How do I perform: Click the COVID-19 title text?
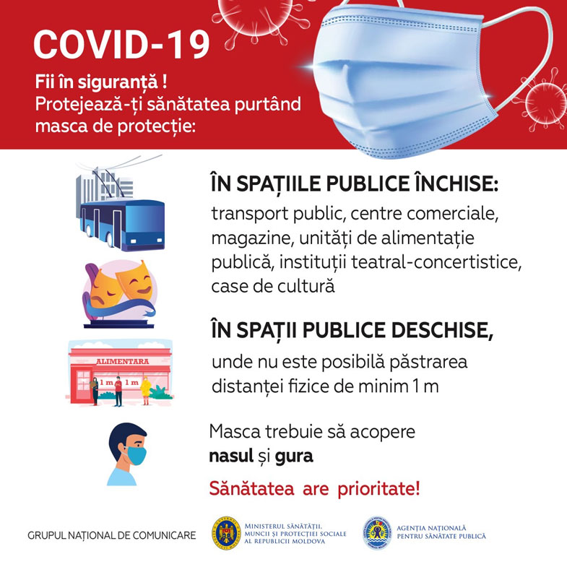121,45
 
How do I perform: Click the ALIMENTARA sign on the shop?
119,361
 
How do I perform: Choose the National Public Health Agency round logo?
376,533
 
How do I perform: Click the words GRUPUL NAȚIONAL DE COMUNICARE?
111,536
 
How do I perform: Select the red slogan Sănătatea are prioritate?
314,488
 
